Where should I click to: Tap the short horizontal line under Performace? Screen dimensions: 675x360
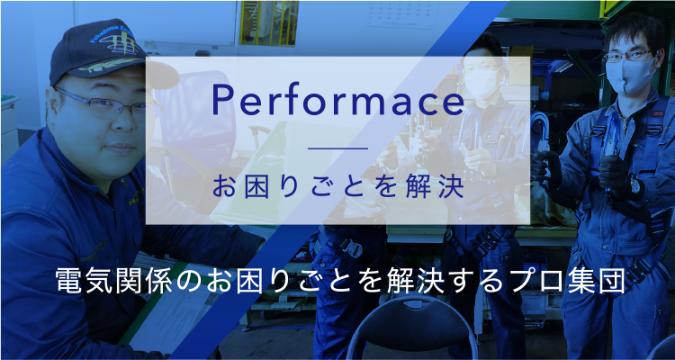338,148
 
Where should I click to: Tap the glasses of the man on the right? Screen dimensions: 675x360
628,56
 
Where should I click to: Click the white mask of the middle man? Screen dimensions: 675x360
482,83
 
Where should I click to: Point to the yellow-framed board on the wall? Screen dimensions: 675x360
269,22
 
